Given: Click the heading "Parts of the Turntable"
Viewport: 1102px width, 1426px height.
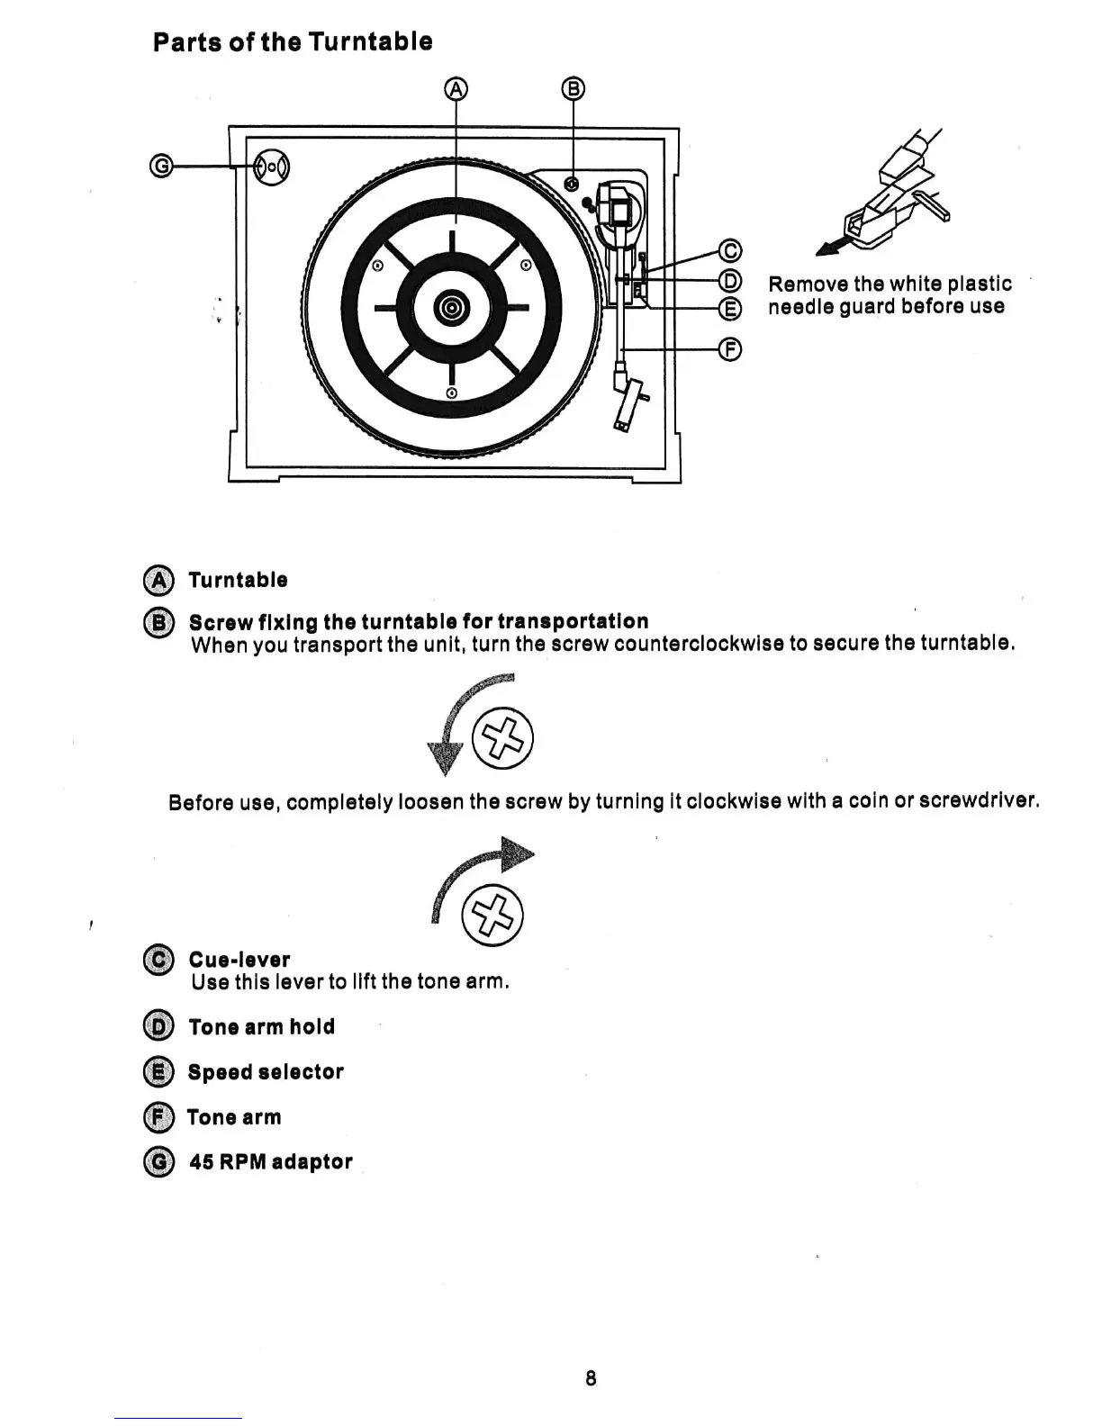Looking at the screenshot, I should pos(293,42).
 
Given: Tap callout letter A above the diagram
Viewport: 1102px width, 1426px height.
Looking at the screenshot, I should pos(457,88).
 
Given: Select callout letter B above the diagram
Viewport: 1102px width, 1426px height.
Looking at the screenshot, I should pos(574,88).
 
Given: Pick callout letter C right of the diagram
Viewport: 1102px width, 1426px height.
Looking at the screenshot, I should pos(731,249).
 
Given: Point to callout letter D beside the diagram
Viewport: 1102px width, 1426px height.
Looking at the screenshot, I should pos(731,279).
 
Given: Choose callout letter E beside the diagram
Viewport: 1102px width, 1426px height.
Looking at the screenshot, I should pos(731,309).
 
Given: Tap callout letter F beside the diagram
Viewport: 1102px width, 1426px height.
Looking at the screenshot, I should pos(731,348).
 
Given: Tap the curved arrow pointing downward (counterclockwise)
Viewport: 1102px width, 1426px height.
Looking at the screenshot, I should pos(459,720).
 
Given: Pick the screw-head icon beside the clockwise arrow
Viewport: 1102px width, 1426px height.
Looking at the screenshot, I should pos(492,916).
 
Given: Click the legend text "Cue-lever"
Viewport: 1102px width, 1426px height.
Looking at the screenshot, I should pos(239,960).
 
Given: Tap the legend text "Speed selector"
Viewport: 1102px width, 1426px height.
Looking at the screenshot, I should pos(266,1072).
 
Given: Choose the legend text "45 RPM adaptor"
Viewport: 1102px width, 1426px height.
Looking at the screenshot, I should pos(270,1162).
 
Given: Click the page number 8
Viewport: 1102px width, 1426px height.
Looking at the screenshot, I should pos(591,1377).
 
